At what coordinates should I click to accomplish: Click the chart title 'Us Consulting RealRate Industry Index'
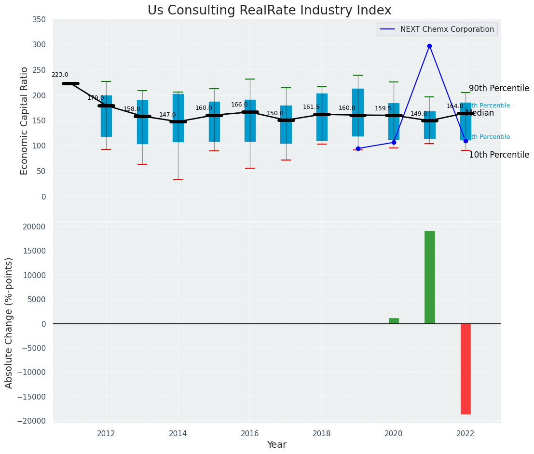[x=269, y=11]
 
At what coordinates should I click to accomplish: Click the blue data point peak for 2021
[x=429, y=46]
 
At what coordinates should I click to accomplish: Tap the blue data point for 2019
[x=358, y=148]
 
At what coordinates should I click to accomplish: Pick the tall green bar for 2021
[x=429, y=277]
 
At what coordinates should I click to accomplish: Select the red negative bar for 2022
[x=466, y=369]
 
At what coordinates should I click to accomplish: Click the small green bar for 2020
[x=394, y=321]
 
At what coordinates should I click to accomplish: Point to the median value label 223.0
[x=60, y=75]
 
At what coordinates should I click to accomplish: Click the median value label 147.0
[x=167, y=115]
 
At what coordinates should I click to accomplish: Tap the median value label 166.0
[x=239, y=105]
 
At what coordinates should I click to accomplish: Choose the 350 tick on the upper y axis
[x=39, y=20]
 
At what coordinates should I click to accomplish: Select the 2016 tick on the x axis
[x=249, y=434]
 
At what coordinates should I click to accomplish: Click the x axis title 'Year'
[x=277, y=445]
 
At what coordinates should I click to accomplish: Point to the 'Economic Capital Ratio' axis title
[x=25, y=120]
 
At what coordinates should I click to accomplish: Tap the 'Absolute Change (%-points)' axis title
[x=9, y=322]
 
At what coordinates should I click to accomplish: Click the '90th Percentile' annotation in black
[x=499, y=89]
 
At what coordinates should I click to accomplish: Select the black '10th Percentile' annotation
[x=499, y=155]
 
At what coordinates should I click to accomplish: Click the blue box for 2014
[x=178, y=118]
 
